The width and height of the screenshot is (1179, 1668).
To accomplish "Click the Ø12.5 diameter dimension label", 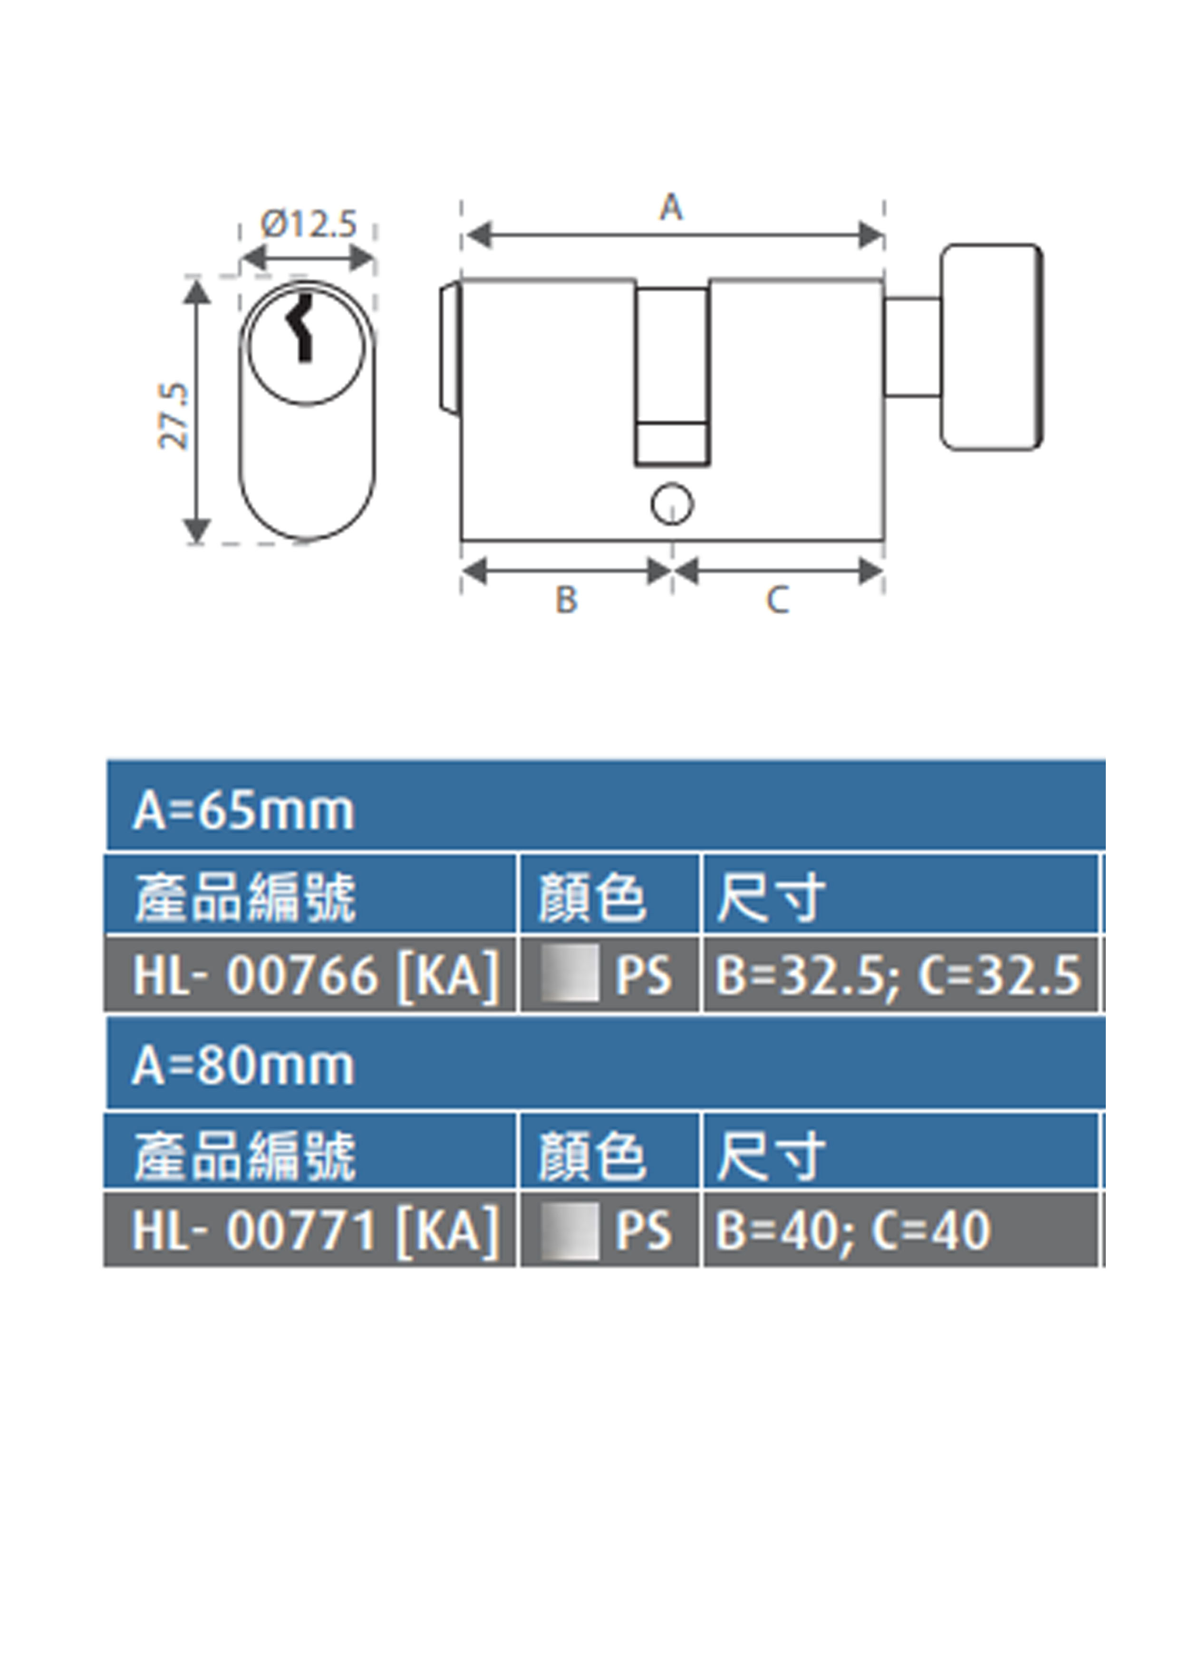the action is [x=309, y=224].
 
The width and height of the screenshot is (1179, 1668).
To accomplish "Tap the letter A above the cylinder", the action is [x=671, y=208].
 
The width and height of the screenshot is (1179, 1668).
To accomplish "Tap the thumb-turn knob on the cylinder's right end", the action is [x=991, y=347].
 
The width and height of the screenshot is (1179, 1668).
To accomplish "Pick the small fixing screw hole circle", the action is [x=672, y=504].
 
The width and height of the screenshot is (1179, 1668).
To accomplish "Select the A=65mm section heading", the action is [x=244, y=811].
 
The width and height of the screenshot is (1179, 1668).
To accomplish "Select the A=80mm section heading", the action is [x=244, y=1066].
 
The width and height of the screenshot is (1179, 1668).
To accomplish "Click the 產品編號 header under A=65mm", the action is [x=245, y=898].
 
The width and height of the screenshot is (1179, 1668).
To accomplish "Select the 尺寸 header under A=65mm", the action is [x=771, y=898].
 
